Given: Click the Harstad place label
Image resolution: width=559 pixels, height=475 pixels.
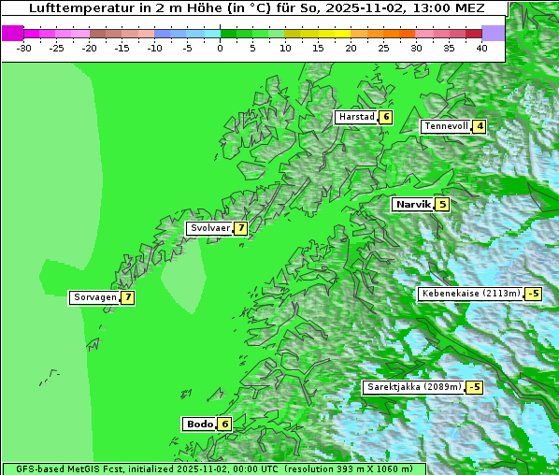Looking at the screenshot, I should (x=356, y=117).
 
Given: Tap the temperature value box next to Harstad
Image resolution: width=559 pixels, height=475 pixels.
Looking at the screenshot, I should (x=385, y=117).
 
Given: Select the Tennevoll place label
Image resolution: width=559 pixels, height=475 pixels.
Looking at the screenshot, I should (x=445, y=126).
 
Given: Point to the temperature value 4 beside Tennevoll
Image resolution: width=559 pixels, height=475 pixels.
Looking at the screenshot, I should (x=480, y=126).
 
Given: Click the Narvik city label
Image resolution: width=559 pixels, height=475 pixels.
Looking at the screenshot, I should (x=412, y=204).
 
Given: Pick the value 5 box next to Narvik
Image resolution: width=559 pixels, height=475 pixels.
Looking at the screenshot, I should (x=442, y=204).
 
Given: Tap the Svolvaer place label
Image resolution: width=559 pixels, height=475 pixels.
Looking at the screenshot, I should (x=208, y=228).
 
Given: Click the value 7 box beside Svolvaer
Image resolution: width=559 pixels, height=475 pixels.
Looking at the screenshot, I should (x=240, y=228).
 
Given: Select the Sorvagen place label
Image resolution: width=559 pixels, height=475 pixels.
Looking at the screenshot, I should (x=93, y=297).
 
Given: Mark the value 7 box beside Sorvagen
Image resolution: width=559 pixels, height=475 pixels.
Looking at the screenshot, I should (x=127, y=297).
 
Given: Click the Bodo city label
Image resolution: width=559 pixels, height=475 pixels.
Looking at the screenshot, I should (x=199, y=424).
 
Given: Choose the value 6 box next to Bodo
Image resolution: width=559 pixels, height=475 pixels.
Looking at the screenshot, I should (x=224, y=424).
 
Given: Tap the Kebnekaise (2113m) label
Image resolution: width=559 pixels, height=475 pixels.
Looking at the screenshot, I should (x=470, y=294).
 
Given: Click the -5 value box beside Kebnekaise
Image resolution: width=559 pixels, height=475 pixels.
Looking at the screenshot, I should (x=533, y=294).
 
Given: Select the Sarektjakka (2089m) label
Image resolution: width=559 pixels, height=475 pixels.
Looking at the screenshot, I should (x=413, y=387).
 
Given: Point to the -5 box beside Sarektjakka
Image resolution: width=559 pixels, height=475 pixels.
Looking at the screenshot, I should (x=474, y=387).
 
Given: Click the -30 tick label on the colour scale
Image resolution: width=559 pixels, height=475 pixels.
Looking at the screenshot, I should (x=24, y=47).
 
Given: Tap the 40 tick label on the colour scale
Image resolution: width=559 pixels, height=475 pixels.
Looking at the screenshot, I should (x=481, y=47).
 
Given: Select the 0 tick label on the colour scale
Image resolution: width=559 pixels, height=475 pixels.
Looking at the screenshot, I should (x=221, y=47).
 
